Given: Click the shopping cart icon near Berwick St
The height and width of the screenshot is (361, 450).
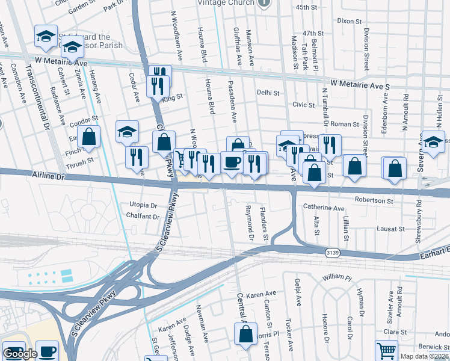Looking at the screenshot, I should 386,350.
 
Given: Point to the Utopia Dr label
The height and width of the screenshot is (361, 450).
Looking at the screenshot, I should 142,205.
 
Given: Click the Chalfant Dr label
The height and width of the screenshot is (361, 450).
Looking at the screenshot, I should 143,217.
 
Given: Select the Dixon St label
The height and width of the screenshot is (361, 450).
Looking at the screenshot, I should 350,20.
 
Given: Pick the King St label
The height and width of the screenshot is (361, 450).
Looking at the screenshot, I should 172,96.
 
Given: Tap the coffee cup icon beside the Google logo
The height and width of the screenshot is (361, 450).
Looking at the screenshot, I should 47,351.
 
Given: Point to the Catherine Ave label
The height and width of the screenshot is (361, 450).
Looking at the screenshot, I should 324,208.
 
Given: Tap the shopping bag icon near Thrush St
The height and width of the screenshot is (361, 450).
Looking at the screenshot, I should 89,137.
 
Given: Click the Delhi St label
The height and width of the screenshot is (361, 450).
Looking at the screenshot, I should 268,93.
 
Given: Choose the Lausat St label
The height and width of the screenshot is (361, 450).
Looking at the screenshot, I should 390,229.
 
